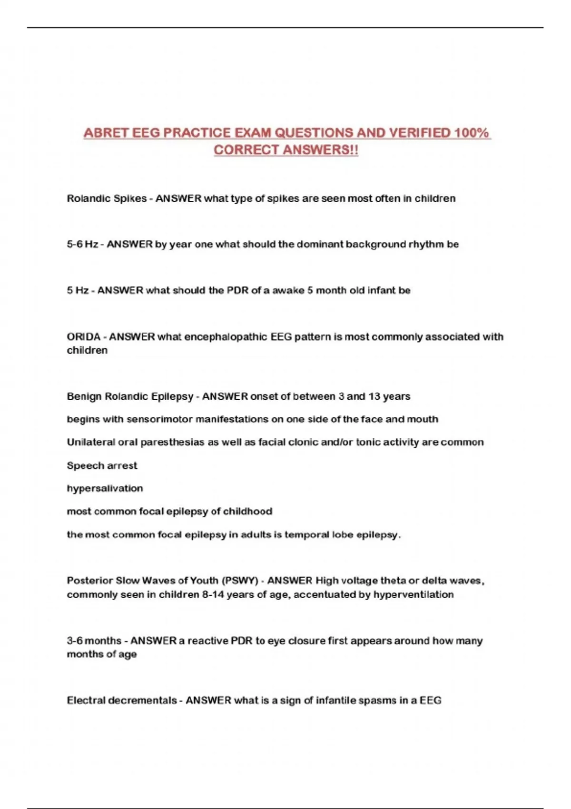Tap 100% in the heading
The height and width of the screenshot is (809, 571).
coord(471,133)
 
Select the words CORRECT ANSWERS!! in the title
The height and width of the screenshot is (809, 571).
coord(285,150)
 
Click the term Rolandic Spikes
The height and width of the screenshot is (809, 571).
coord(107,198)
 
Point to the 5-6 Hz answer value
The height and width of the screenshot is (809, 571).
coord(82,245)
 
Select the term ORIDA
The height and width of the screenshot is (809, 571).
coord(83,337)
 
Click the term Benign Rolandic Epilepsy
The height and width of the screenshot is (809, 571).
coord(130,396)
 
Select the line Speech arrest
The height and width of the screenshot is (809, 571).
coord(102,465)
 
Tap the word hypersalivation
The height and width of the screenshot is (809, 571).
coord(105,488)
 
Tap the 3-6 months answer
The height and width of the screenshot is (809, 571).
coord(94,641)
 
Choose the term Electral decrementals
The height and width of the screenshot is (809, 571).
coord(122,700)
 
